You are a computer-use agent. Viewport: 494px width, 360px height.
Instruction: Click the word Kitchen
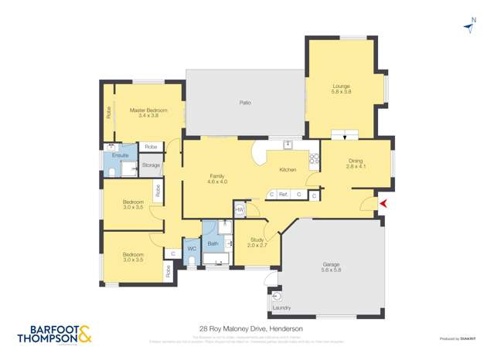[287, 169]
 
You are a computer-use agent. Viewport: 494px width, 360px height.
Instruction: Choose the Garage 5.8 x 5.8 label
[331, 267]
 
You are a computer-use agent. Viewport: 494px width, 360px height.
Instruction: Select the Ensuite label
[120, 155]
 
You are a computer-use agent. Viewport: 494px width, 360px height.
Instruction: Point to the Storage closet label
[151, 165]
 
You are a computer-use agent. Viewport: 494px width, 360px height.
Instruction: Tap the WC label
[191, 248]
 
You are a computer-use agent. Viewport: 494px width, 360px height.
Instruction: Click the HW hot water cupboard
[240, 209]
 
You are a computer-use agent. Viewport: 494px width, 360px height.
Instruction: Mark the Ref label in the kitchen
[283, 194]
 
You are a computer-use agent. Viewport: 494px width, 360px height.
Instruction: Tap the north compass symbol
[471, 26]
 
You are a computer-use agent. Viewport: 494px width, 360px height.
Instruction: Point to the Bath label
[213, 244]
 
